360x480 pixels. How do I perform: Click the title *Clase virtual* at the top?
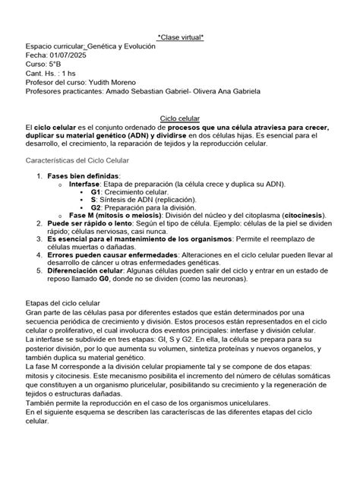pyautogui.click(x=180, y=35)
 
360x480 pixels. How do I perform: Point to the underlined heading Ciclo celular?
pyautogui.click(x=180, y=118)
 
